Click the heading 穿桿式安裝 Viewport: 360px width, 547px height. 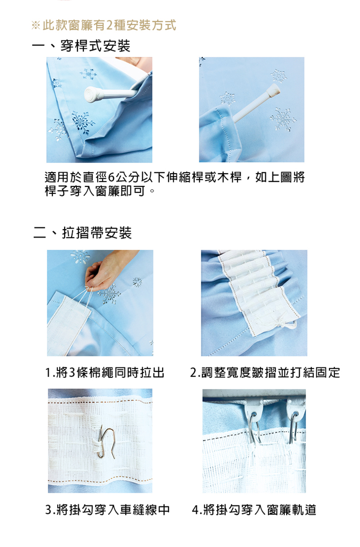95,46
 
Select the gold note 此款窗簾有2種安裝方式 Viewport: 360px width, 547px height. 109,25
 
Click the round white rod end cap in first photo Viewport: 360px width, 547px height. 91,94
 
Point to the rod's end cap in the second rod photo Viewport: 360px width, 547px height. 273,89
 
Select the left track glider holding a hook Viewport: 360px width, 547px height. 254,411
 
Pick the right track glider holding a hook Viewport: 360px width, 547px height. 296,410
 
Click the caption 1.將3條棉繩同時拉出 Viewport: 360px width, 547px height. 105,373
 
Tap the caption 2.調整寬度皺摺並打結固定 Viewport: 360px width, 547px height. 265,373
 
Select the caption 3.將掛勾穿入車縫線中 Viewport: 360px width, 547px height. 108,510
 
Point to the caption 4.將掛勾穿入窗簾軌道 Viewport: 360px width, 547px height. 254,510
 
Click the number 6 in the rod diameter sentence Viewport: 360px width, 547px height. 111,177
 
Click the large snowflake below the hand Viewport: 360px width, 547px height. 109,294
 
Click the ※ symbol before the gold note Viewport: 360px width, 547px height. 36,26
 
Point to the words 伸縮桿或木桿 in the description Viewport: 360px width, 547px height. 204,177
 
